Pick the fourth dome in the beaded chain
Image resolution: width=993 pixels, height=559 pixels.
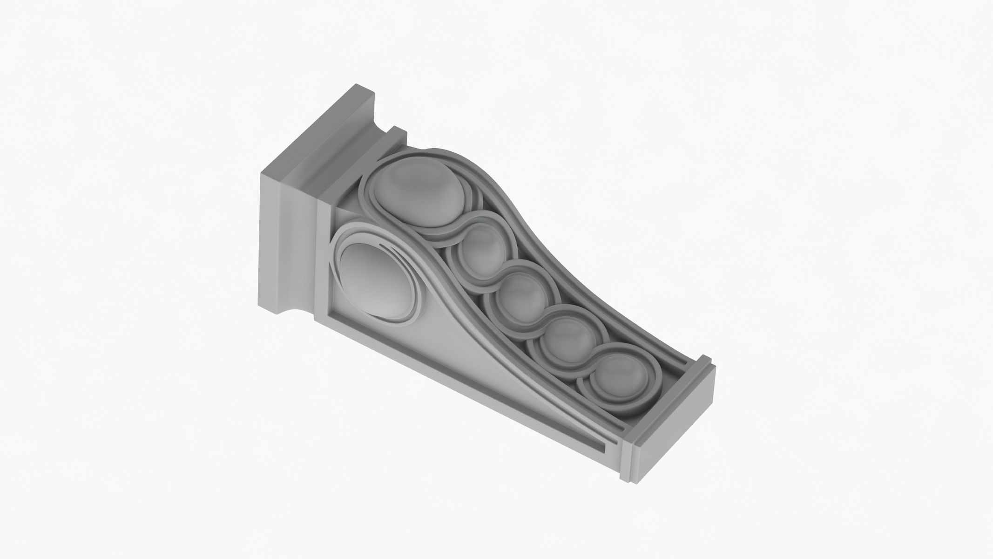(559, 333)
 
